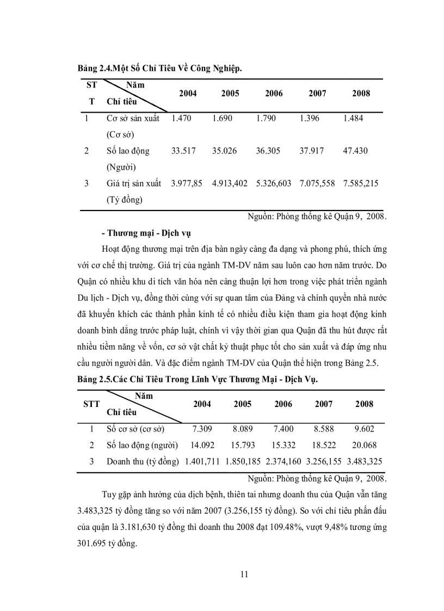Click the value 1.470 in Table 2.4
[181, 118]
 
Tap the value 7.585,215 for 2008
[360, 183]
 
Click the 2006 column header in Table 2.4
[274, 94]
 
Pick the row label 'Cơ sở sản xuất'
[133, 118]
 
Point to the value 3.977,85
[187, 183]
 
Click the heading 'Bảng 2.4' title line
[159, 69]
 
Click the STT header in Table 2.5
[91, 404]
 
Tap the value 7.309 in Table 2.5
[201, 429]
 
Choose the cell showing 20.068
[364, 445]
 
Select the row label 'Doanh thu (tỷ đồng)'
[143, 461]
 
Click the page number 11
[244, 573]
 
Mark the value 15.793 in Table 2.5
[243, 445]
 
